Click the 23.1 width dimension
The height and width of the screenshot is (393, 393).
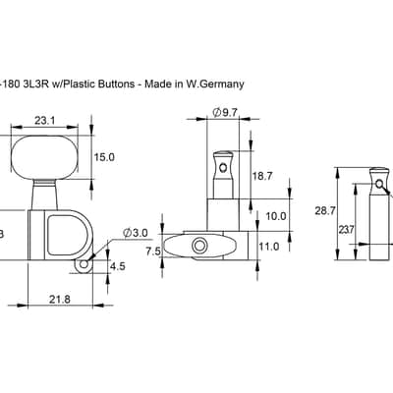(x=45, y=121)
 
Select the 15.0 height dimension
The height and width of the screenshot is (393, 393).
(x=104, y=157)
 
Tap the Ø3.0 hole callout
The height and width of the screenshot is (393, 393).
(x=136, y=233)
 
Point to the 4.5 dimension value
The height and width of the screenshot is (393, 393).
(x=118, y=266)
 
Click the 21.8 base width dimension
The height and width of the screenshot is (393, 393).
(x=60, y=299)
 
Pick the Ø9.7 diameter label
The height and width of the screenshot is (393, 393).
(x=225, y=113)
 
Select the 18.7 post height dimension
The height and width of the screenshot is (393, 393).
(x=262, y=176)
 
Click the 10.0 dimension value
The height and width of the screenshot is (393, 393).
(x=276, y=216)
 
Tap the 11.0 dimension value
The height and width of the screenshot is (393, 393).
(x=269, y=247)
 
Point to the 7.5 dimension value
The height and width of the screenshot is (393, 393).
(x=153, y=252)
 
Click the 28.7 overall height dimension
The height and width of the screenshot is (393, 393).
(x=325, y=211)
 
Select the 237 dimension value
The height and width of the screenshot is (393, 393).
(x=346, y=230)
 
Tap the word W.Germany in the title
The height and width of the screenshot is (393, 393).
(x=215, y=84)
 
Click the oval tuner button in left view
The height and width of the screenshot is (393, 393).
(x=44, y=157)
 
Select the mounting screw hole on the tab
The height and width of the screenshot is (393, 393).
(x=84, y=264)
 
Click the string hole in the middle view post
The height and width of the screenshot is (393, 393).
(x=223, y=168)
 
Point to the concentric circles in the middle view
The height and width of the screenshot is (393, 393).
(x=199, y=246)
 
